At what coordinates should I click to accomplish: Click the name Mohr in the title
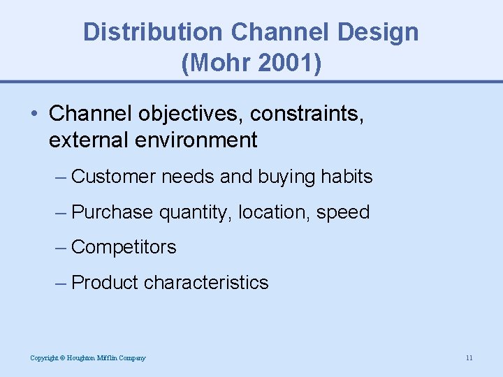(216, 64)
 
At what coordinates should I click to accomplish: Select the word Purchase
(112, 212)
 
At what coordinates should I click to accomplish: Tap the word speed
(342, 212)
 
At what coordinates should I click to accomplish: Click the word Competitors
(124, 247)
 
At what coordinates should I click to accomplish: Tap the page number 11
(469, 358)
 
